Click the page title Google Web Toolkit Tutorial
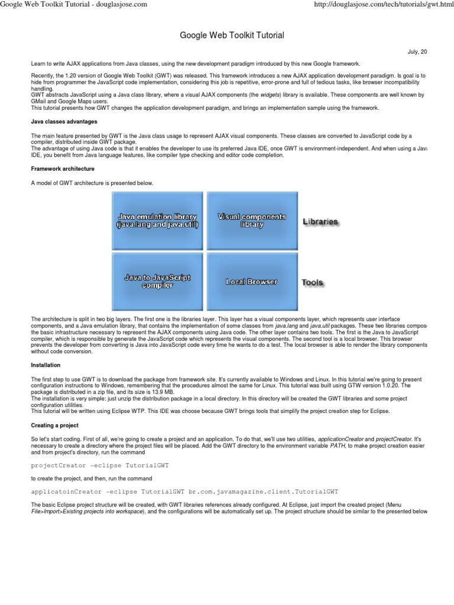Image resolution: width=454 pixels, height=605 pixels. [x=232, y=36]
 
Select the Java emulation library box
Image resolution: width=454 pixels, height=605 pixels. [x=157, y=221]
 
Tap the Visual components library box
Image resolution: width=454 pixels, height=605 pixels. [x=251, y=221]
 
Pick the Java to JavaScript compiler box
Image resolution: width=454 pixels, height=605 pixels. [x=157, y=281]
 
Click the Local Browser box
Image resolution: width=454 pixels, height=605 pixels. [x=251, y=282]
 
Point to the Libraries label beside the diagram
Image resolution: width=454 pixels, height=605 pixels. [x=320, y=222]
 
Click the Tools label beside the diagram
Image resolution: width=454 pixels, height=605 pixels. [x=312, y=282]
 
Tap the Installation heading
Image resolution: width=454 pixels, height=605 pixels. [x=45, y=365]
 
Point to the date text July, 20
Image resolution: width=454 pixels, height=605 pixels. [x=417, y=52]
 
